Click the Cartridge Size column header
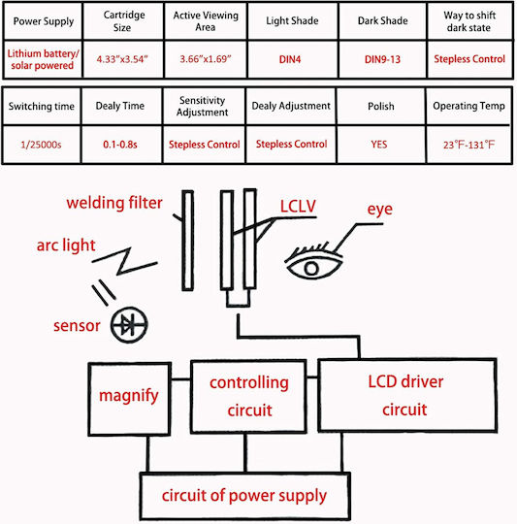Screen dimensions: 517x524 (123, 21)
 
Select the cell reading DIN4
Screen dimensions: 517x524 (290, 59)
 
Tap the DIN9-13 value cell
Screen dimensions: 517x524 (382, 59)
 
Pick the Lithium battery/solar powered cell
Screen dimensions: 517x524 (43, 59)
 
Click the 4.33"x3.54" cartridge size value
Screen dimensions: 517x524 (122, 59)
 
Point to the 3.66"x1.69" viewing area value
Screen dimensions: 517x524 (206, 59)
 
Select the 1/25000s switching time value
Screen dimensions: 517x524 (41, 145)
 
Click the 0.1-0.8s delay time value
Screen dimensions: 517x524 (120, 145)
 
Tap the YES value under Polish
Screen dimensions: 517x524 (379, 145)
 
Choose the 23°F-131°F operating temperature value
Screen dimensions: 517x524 (469, 145)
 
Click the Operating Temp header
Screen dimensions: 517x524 (469, 106)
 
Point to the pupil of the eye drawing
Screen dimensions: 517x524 (311, 269)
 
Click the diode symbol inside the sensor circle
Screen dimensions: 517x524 (129, 324)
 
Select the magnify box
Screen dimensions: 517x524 (130, 399)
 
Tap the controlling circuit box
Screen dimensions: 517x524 (249, 397)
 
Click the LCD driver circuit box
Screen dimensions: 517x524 (407, 395)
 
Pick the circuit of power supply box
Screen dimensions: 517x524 (245, 496)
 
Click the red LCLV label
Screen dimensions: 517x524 (298, 206)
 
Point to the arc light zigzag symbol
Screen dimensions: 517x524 (124, 261)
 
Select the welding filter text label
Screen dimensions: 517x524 (114, 203)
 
